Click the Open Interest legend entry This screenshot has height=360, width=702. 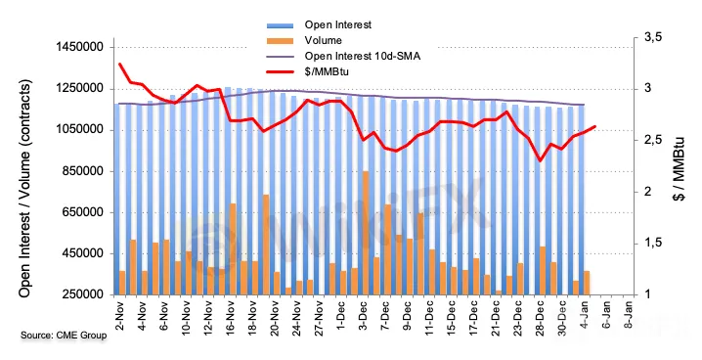coord(338,24)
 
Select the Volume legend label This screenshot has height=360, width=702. coord(324,40)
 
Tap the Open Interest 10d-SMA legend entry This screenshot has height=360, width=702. coord(363,56)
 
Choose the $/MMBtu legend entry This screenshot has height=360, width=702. coord(327,71)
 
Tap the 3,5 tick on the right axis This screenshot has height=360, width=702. coord(653,37)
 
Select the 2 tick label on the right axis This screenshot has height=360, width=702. coord(647,192)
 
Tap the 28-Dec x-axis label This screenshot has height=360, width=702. coord(541,318)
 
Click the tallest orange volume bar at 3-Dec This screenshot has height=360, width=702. coord(366,233)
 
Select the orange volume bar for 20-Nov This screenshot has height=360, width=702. coord(266,245)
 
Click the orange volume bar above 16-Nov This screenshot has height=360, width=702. coord(233,249)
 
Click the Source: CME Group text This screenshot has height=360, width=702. coord(64,335)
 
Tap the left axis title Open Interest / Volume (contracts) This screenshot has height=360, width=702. coord(25,188)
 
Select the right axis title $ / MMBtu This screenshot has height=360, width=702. coord(680,169)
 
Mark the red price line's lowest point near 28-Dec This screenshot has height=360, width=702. coord(541,160)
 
